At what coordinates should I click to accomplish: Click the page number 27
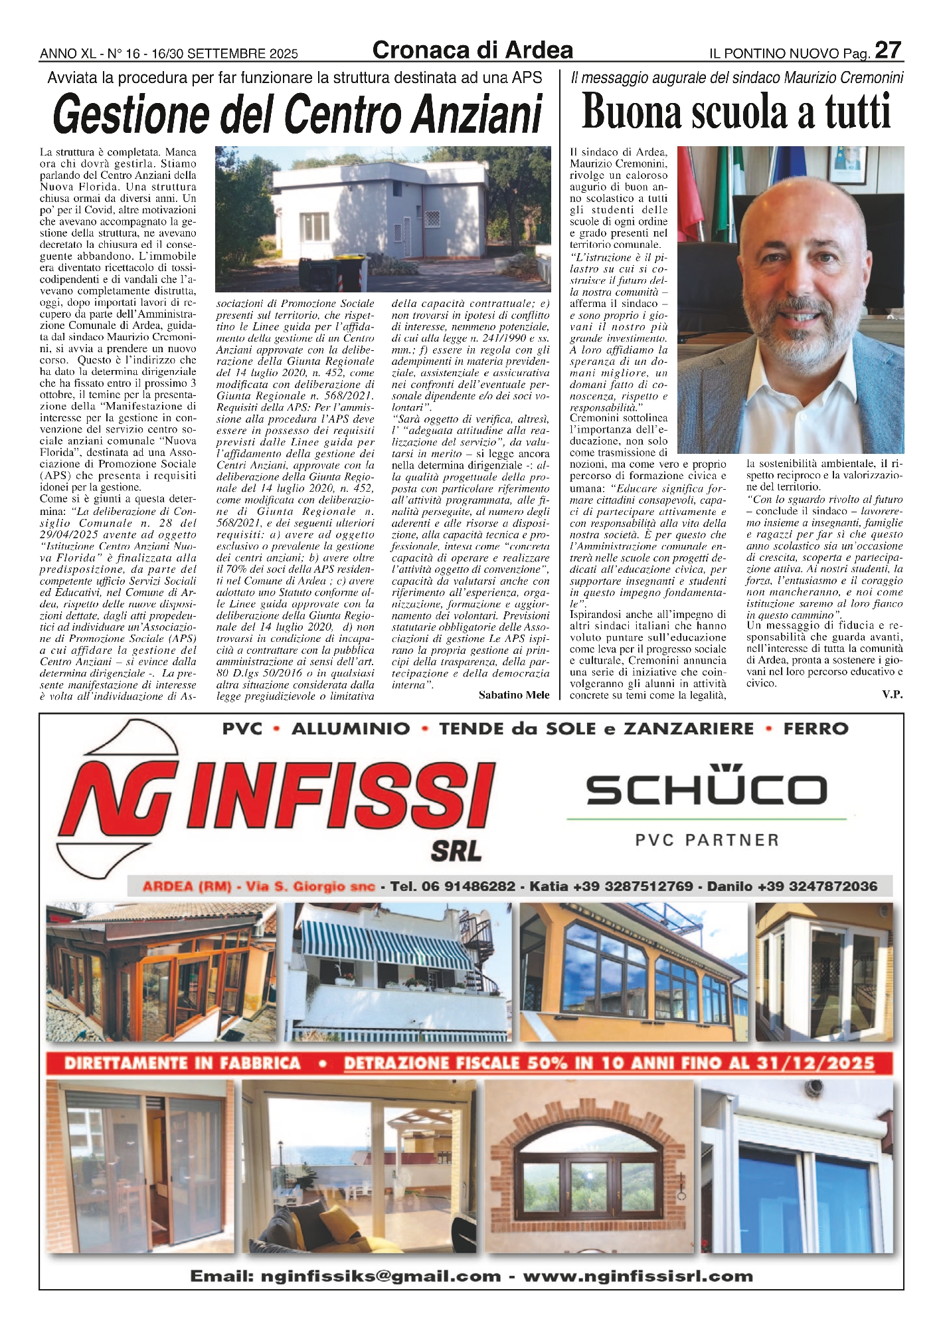[888, 51]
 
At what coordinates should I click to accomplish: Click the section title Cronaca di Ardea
[472, 51]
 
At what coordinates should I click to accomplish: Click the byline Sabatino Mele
[513, 695]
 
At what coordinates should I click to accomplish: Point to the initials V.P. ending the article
[892, 695]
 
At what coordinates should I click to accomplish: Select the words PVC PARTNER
[707, 840]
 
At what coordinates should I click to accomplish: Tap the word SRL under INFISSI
[456, 851]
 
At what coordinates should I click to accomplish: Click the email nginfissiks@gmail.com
[381, 1276]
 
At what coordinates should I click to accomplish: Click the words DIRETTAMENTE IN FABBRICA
[182, 1063]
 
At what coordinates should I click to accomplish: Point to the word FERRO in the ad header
[815, 729]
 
